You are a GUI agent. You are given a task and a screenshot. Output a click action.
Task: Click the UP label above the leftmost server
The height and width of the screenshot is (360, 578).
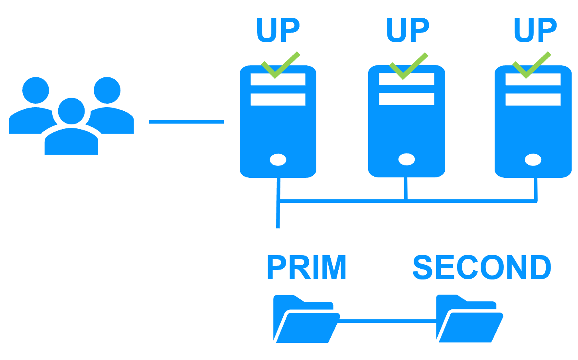278,30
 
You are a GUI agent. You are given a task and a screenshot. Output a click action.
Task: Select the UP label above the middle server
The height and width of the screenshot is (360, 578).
407,30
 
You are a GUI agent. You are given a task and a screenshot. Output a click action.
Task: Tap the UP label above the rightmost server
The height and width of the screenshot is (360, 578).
535,30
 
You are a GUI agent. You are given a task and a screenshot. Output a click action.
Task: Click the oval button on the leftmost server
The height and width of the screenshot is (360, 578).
278,160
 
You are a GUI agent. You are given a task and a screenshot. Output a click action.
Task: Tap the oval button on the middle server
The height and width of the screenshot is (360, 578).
406,159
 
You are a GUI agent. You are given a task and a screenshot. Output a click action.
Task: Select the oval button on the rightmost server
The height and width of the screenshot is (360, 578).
533,160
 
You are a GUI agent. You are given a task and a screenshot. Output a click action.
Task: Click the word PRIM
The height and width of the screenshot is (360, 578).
306,268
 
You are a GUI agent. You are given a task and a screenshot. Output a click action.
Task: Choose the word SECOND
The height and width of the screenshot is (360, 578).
481,268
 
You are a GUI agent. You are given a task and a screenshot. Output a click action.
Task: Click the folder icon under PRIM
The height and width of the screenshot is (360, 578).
306,320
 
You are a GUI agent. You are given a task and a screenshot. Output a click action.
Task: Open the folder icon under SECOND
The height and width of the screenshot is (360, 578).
469,320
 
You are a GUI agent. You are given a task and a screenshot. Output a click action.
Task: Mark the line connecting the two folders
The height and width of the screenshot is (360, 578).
387,321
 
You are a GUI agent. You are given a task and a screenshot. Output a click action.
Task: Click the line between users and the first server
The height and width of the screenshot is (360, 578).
186,122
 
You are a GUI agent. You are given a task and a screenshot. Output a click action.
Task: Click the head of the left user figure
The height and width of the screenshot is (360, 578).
36,90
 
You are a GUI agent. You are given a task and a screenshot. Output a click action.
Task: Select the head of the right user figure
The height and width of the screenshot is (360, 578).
107,90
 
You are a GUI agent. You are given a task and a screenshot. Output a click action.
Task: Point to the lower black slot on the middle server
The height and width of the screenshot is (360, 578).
406,99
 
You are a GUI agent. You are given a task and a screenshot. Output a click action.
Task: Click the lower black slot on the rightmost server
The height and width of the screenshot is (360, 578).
533,99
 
